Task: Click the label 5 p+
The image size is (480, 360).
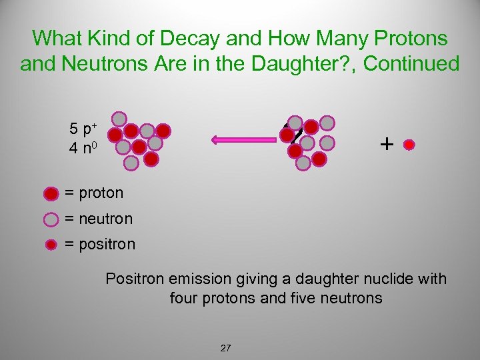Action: tap(82, 127)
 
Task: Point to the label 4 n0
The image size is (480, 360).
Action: tap(83, 147)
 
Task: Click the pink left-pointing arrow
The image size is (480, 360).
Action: tap(244, 139)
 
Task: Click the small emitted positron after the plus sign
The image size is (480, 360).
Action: tap(410, 144)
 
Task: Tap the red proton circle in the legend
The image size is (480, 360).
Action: tap(51, 194)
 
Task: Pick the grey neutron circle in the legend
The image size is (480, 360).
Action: tap(51, 219)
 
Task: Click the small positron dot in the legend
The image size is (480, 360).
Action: tap(51, 245)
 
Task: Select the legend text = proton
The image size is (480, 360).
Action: tap(94, 193)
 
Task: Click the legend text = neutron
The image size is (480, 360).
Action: tap(98, 219)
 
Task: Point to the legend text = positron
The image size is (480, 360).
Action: tap(100, 244)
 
